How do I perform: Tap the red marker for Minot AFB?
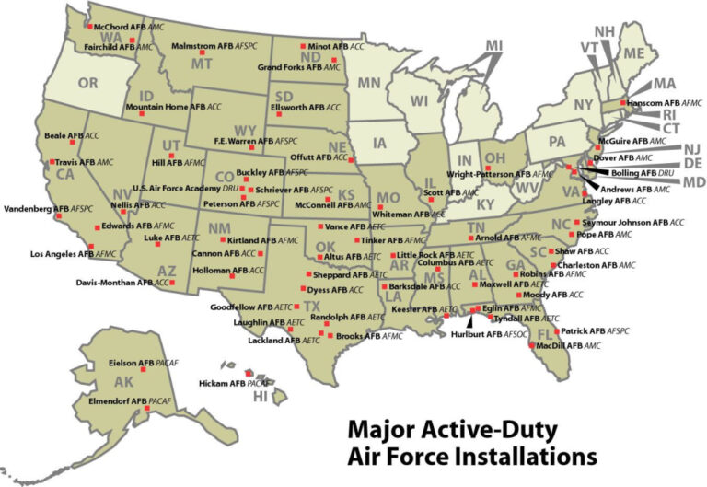[x=305, y=45]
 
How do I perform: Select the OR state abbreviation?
[x=88, y=83]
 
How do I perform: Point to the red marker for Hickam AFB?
[x=246, y=373]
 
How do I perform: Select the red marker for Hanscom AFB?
[x=623, y=103]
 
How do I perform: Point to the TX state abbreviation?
[x=312, y=306]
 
